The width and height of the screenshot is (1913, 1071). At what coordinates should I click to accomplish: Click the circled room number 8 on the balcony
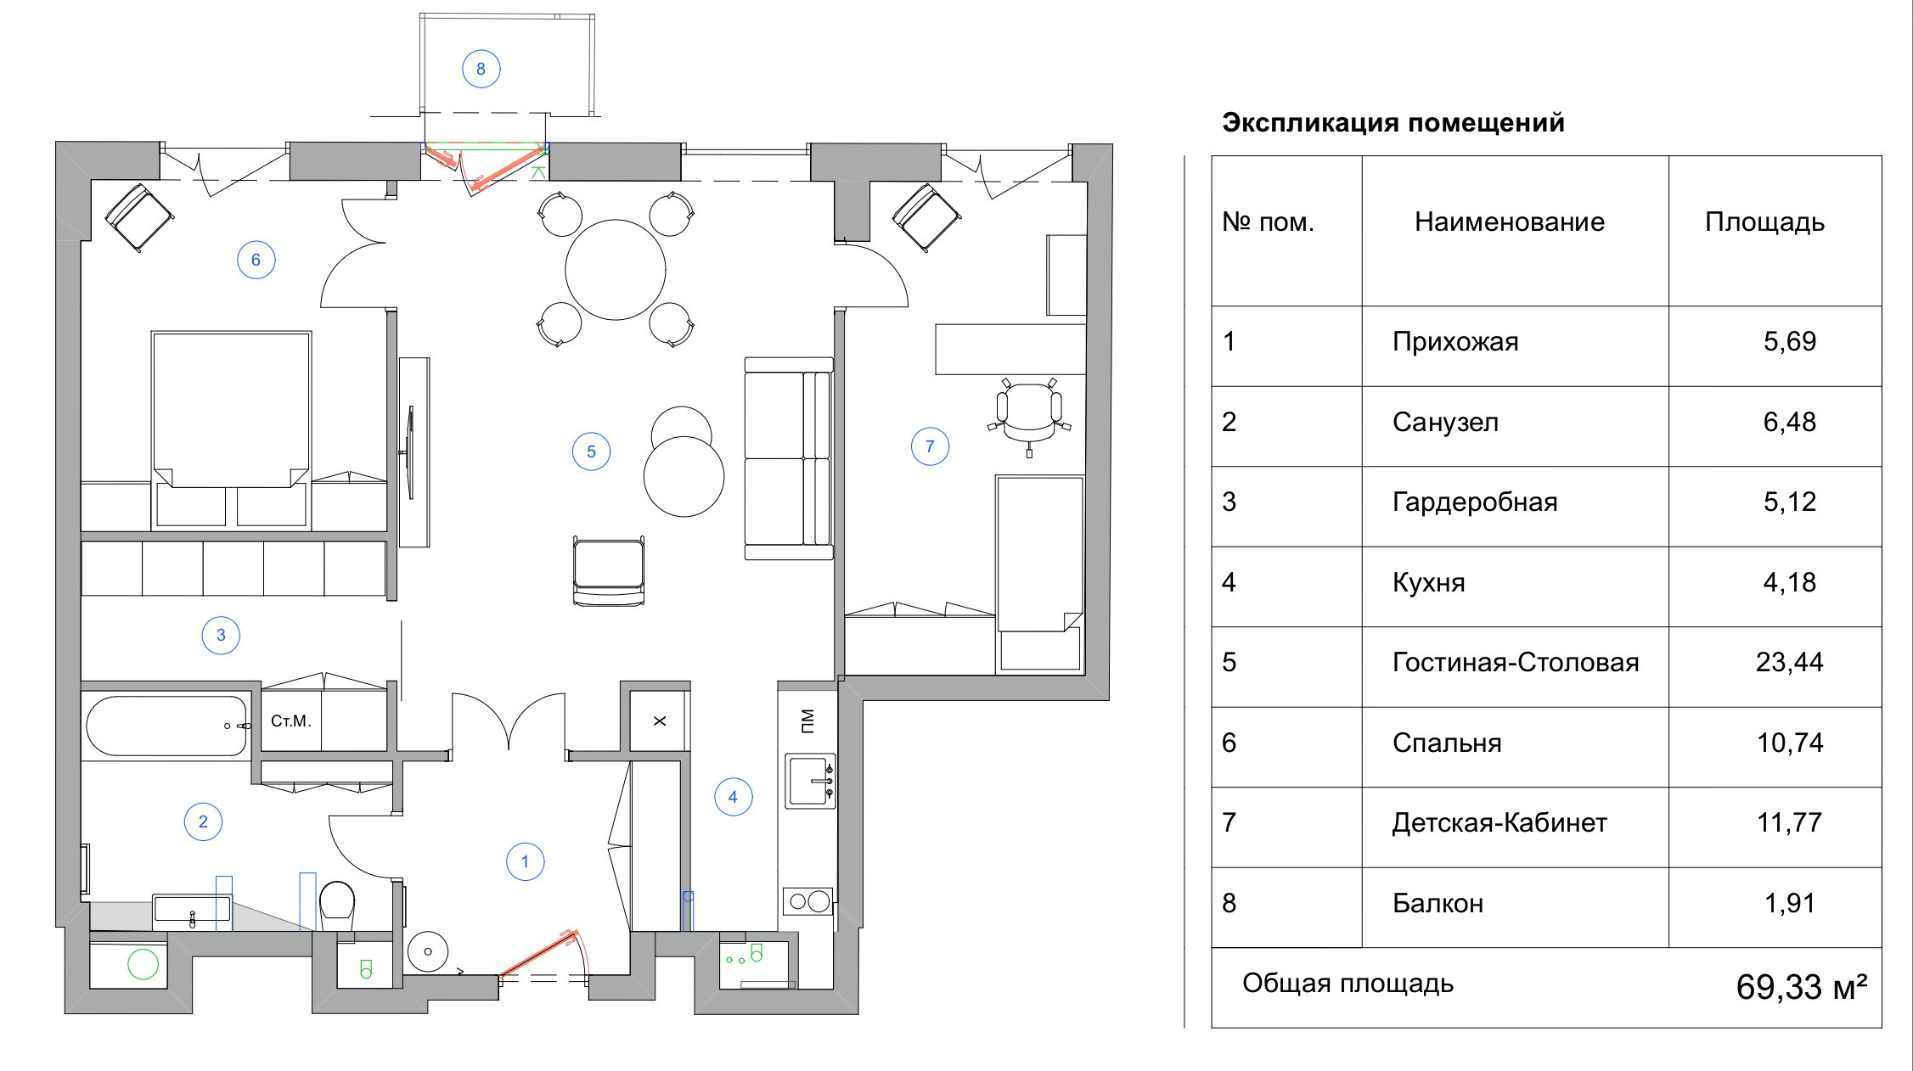[481, 69]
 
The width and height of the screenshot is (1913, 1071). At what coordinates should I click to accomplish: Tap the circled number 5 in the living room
[591, 451]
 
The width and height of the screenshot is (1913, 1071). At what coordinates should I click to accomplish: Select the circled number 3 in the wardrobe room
[221, 635]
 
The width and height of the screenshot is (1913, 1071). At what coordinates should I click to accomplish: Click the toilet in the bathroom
[337, 904]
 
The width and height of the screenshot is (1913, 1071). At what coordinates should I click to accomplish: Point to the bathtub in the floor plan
[166, 726]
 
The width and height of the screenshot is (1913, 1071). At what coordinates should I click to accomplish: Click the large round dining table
[616, 270]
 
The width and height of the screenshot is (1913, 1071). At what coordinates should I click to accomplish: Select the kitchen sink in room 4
[809, 781]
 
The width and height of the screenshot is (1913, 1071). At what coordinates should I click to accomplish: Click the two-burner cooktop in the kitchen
[808, 901]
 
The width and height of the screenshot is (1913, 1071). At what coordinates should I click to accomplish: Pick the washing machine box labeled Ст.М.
[290, 721]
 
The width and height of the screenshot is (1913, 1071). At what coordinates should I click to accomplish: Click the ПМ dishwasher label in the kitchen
[807, 721]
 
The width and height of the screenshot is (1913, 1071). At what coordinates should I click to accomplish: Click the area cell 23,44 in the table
[1789, 662]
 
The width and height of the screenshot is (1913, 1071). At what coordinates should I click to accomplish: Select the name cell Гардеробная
[1475, 502]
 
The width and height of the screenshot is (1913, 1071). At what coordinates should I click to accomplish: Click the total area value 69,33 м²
[1801, 987]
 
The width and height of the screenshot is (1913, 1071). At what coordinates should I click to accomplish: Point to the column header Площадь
[1764, 221]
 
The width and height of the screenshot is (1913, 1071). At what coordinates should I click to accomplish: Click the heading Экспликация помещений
[1393, 123]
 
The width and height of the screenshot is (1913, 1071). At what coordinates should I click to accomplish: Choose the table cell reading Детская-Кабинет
[1499, 822]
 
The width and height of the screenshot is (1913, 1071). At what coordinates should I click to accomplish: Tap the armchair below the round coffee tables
[608, 570]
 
